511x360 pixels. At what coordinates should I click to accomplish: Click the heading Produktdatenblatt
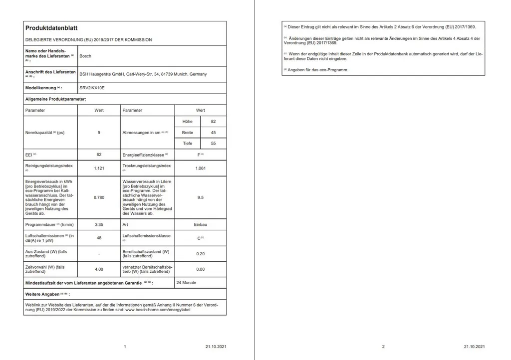pos(51,28)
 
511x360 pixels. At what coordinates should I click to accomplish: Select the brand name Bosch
pos(85,56)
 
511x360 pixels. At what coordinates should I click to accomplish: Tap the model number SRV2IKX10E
pos(92,88)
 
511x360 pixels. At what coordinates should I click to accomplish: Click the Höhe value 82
pos(213,121)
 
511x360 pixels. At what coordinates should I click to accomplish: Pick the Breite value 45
pos(213,133)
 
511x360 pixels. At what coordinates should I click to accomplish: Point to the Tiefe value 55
pos(213,144)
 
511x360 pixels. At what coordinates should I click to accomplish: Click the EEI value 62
pos(99,155)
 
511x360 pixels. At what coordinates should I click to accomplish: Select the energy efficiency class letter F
pos(199,155)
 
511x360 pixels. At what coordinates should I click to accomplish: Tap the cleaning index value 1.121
pos(99,168)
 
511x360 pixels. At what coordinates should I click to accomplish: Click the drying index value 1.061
pos(200,168)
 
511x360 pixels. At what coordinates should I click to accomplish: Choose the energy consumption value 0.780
pos(99,197)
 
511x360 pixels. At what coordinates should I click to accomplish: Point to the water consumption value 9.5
pos(200,197)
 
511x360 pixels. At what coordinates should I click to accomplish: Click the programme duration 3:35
pos(99,225)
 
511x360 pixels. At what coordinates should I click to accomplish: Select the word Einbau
pos(200,225)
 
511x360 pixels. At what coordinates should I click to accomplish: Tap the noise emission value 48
pos(99,238)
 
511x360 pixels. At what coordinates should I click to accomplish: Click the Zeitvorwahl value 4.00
pos(99,269)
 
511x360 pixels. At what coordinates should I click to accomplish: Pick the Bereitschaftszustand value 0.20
pos(200,254)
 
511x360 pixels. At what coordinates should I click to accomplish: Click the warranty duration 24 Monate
pos(186,283)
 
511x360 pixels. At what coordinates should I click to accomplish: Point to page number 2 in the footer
pos(383,347)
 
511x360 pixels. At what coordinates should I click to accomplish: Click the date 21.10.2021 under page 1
pos(216,347)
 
